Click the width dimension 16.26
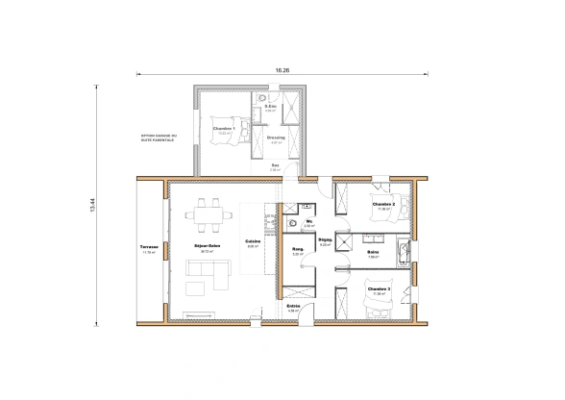pyautogui.click(x=282, y=70)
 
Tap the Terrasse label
pyautogui.click(x=148, y=248)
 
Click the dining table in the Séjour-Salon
pyautogui.click(x=207, y=216)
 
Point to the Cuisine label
pyautogui.click(x=253, y=241)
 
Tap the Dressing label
pyautogui.click(x=275, y=137)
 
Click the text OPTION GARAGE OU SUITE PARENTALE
pyautogui.click(x=158, y=138)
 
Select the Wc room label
pyautogui.click(x=308, y=221)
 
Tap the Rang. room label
pyautogui.click(x=298, y=249)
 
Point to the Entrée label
pyautogui.click(x=293, y=307)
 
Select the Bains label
pyautogui.click(x=372, y=254)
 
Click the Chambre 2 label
pyautogui.click(x=383, y=204)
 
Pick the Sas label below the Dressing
pyautogui.click(x=275, y=165)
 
